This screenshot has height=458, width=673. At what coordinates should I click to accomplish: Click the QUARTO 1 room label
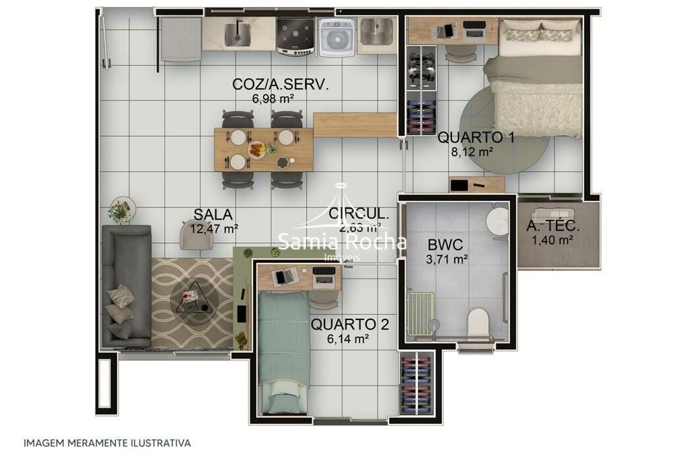[476, 137]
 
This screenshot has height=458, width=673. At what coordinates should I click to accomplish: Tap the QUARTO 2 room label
[349, 325]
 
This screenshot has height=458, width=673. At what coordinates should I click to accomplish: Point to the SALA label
[213, 215]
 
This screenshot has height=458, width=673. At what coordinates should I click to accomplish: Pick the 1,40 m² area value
[553, 239]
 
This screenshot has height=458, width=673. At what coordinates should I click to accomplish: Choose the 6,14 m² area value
[349, 340]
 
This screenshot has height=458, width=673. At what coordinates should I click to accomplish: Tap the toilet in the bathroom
[480, 321]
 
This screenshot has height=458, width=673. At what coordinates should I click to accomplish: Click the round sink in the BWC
[499, 219]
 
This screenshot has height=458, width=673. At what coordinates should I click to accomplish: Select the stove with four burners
[295, 34]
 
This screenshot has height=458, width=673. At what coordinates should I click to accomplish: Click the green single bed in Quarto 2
[283, 350]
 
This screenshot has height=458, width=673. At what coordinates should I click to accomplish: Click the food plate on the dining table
[257, 149]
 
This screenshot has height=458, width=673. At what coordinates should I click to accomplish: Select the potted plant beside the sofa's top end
[121, 210]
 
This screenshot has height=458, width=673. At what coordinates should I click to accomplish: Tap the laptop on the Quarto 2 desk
[285, 275]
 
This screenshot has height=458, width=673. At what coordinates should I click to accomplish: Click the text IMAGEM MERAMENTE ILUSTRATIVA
[107, 443]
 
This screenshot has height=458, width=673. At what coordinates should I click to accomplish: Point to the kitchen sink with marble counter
[238, 32]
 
